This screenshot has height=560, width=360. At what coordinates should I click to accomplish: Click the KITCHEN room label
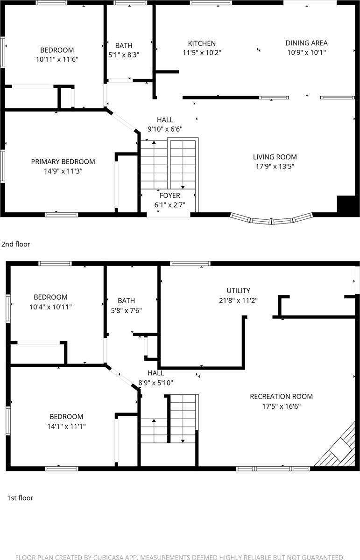[x=202, y=43]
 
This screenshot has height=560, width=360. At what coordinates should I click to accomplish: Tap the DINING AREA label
[x=306, y=43]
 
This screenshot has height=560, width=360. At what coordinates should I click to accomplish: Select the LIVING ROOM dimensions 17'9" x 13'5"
[x=275, y=166]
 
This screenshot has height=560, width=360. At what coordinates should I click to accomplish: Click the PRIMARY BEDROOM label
[x=63, y=161]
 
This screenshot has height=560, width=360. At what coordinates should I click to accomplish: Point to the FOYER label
[x=169, y=196]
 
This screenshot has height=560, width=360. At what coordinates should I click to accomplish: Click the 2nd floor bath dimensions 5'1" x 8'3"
[x=124, y=54]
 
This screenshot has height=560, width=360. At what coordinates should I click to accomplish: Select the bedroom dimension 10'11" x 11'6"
[x=56, y=59]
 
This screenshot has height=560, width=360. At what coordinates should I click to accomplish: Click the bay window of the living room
[x=272, y=218]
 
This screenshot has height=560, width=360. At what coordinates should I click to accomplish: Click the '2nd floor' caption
[x=15, y=244]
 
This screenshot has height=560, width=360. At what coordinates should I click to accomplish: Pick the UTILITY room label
[x=238, y=290]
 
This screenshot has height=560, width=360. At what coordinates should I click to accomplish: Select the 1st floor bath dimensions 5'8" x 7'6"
[x=126, y=310]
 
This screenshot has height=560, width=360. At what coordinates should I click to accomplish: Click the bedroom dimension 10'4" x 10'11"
[x=50, y=307]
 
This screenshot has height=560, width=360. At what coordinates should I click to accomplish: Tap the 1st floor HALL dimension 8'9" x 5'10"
[x=155, y=383]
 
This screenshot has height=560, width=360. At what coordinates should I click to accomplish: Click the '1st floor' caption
[x=20, y=498]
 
